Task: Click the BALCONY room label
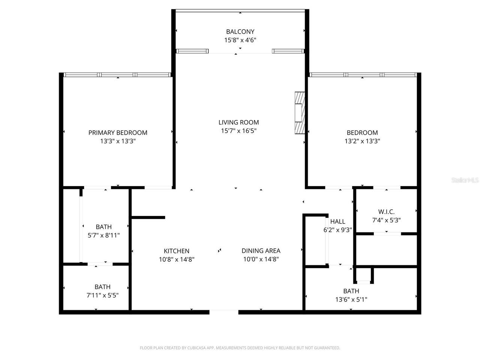[x=240, y=32]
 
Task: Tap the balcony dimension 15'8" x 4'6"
[x=240, y=40]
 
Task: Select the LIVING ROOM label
[x=238, y=122]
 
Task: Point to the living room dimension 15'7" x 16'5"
[x=238, y=131]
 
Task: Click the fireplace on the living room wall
[x=300, y=112]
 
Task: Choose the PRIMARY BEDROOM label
[x=118, y=132]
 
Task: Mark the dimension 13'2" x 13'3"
[x=362, y=141]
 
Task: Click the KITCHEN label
[x=177, y=251]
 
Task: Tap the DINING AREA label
[x=261, y=251]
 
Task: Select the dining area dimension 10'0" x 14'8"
[x=261, y=259]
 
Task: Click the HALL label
[x=337, y=222]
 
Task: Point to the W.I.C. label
[x=386, y=212]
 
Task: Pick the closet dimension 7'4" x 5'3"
[x=386, y=220]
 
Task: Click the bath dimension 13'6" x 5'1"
[x=351, y=300]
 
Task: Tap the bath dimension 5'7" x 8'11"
[x=103, y=235]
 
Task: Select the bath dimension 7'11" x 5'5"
[x=102, y=295]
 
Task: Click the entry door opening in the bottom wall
[x=224, y=312]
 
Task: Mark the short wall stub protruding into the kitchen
[x=148, y=217]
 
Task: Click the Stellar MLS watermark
[x=465, y=180]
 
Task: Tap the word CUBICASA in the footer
[x=195, y=348]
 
